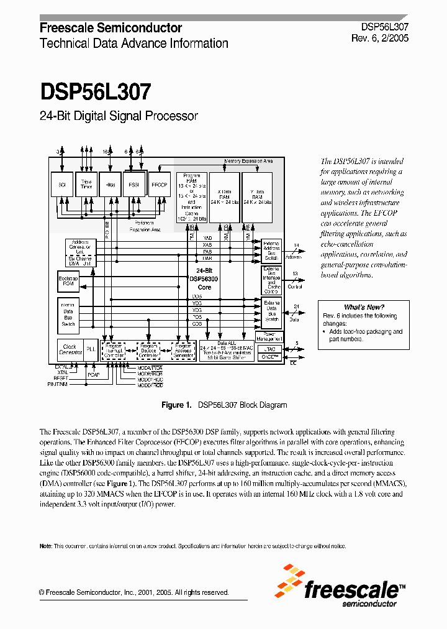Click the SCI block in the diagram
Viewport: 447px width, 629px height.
(x=62, y=185)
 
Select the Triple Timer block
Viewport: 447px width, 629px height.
(x=86, y=185)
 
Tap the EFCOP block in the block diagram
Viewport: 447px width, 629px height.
(x=160, y=185)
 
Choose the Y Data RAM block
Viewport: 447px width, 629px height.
(x=256, y=197)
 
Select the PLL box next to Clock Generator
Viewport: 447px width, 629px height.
(x=91, y=349)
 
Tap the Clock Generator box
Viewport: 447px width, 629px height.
(x=70, y=349)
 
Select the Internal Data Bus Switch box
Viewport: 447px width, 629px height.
(x=68, y=314)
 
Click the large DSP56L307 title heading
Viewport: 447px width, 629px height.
(x=96, y=93)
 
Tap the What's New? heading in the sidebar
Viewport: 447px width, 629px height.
(x=364, y=307)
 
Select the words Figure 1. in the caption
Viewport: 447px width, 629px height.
(x=176, y=405)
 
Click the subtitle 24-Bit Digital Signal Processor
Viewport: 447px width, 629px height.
(x=119, y=116)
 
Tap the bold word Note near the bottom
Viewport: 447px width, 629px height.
(x=45, y=546)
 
